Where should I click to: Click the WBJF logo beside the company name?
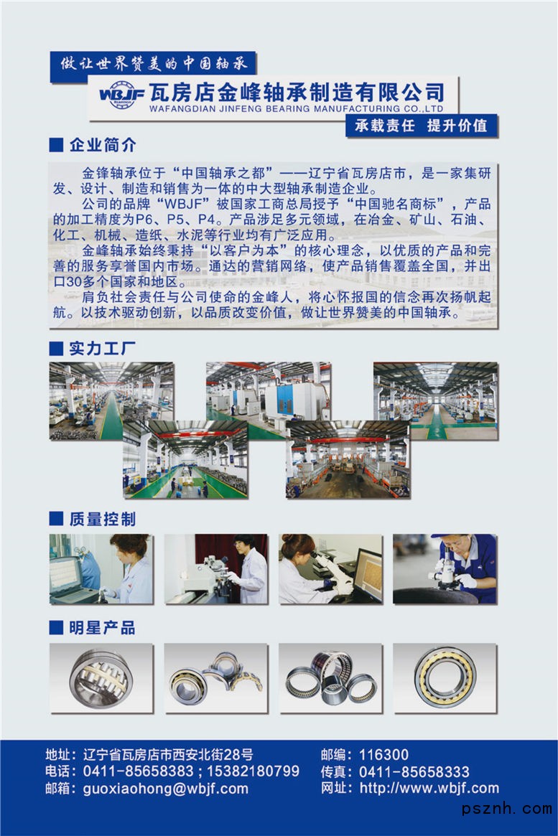pyautogui.click(x=121, y=95)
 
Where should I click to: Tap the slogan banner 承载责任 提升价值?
pyautogui.click(x=422, y=126)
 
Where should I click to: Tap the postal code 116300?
pyautogui.click(x=383, y=755)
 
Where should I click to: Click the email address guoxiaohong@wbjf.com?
pyautogui.click(x=166, y=789)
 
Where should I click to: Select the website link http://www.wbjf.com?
pyautogui.click(x=429, y=788)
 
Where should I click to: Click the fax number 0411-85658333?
pyautogui.click(x=414, y=772)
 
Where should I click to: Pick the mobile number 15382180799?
pyautogui.click(x=253, y=771)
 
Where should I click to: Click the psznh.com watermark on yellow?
pyautogui.click(x=507, y=808)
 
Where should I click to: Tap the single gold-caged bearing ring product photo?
pyautogui.click(x=445, y=678)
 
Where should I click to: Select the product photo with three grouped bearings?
pyautogui.click(x=331, y=678)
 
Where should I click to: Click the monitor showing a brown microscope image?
pyautogui.click(x=368, y=575)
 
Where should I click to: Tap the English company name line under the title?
pyautogui.click(x=296, y=109)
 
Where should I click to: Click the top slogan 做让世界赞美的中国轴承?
pyautogui.click(x=154, y=64)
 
